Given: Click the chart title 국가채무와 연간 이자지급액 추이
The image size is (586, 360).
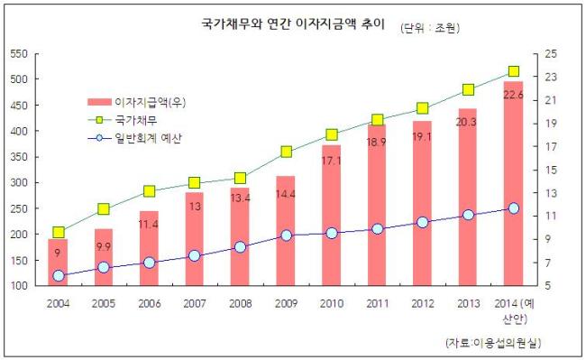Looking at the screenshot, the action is click(293, 24).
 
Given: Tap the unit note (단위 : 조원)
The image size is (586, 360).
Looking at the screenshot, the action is click(430, 28).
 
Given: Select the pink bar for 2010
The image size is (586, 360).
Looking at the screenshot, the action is click(332, 216).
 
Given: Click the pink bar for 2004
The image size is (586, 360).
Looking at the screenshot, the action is click(58, 263).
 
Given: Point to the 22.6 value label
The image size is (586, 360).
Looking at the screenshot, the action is click(513, 95).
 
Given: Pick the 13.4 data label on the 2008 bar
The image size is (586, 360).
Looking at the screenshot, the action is click(241, 198).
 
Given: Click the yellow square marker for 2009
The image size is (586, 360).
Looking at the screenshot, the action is click(287, 152).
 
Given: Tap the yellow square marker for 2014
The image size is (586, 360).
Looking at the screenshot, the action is click(514, 71).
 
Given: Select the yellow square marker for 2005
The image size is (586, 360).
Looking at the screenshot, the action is click(104, 209).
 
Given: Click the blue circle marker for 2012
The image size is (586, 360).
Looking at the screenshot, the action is click(423, 223).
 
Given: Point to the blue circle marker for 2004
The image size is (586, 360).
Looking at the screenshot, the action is click(59, 276).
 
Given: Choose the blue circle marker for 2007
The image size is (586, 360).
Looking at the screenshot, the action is click(195, 256).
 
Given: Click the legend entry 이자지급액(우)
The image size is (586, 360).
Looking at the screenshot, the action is click(137, 102).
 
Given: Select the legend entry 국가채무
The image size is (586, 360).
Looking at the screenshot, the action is click(123, 120).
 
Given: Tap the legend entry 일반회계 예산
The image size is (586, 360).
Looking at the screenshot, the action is click(134, 138).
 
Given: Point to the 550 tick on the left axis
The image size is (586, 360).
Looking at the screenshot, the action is click(19, 54).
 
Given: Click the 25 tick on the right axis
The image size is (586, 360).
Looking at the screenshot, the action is click(551, 54).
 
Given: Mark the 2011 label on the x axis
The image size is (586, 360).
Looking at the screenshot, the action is click(378, 303).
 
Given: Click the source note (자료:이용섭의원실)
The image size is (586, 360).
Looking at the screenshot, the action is click(493, 343).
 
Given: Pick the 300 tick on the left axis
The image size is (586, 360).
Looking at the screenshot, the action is click(19, 183).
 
